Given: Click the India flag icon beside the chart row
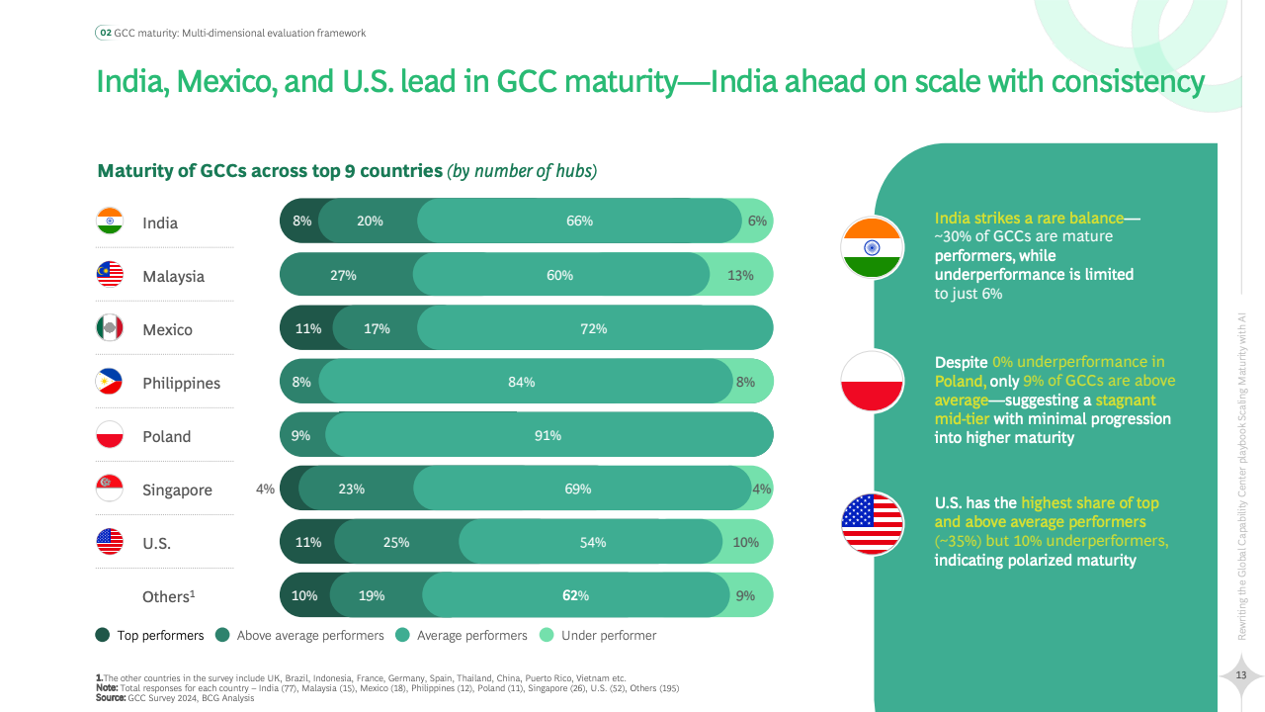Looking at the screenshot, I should tap(110, 222).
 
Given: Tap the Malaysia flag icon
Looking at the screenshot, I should tap(110, 275).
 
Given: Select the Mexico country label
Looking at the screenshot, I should tap(167, 329).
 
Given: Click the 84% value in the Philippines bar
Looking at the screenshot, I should tap(521, 382).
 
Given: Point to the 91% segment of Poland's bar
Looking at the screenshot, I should tap(548, 435).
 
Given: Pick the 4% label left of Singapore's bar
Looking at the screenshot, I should tap(265, 489).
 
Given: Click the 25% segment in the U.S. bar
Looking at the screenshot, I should tap(396, 542).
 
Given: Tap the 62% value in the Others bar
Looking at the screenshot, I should tap(575, 595).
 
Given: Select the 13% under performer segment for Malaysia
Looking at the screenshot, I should tap(740, 275).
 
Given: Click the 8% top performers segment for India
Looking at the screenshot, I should tap(301, 222).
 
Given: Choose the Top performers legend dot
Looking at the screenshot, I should tap(103, 635).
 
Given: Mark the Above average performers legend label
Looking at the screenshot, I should tap(310, 635).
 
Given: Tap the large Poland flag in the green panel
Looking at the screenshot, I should tap(872, 381).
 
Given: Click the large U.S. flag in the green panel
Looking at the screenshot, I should tap(872, 523).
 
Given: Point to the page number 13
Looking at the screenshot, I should tap(1242, 674).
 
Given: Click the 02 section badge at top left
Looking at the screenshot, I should tap(105, 33).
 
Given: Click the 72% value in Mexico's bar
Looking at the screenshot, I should tap(593, 328).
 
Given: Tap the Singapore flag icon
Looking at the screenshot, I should tap(110, 489).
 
